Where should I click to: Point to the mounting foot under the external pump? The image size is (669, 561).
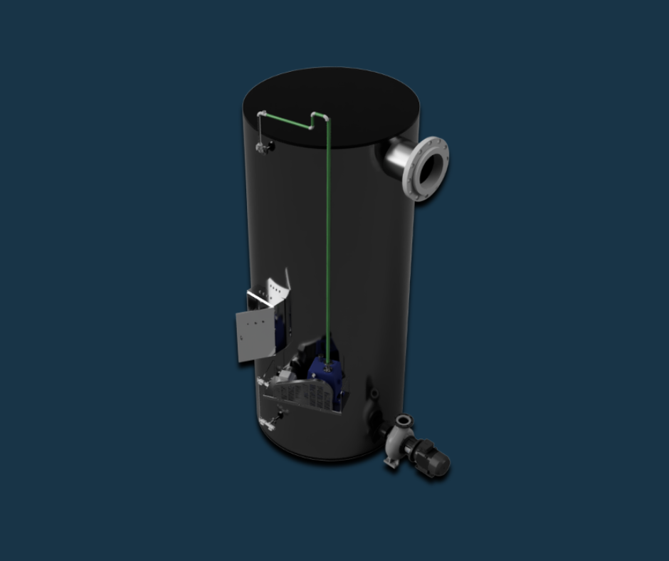[391, 463]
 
